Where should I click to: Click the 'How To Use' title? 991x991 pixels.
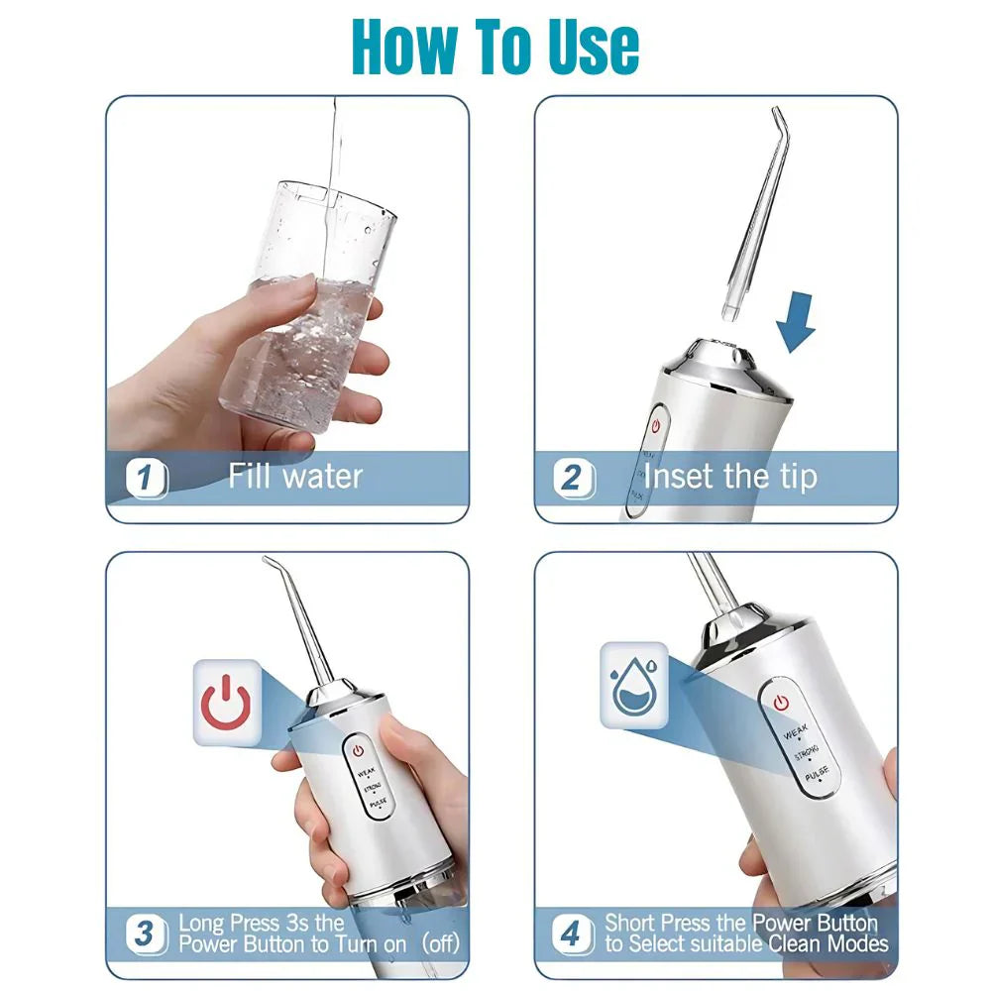495,45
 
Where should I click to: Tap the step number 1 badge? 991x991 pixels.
146,478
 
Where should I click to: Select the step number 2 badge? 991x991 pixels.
572,478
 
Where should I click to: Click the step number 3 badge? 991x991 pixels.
146,933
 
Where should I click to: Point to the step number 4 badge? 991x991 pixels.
571,933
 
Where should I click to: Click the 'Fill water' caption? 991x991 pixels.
295,477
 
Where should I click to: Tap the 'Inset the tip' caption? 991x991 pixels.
730,477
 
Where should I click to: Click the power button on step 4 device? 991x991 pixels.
781,703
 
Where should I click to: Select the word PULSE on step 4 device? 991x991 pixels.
816,780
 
